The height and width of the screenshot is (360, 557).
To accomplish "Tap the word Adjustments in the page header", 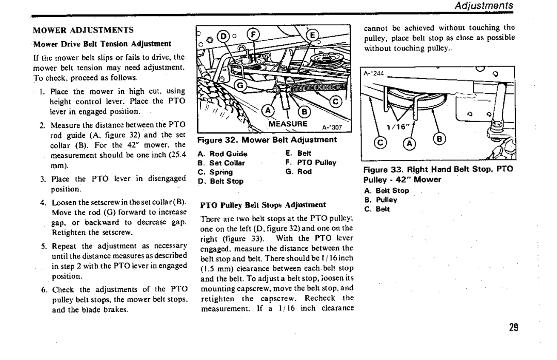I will tap(486, 6).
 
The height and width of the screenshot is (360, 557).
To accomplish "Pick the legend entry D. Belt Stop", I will tap(220, 181).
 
